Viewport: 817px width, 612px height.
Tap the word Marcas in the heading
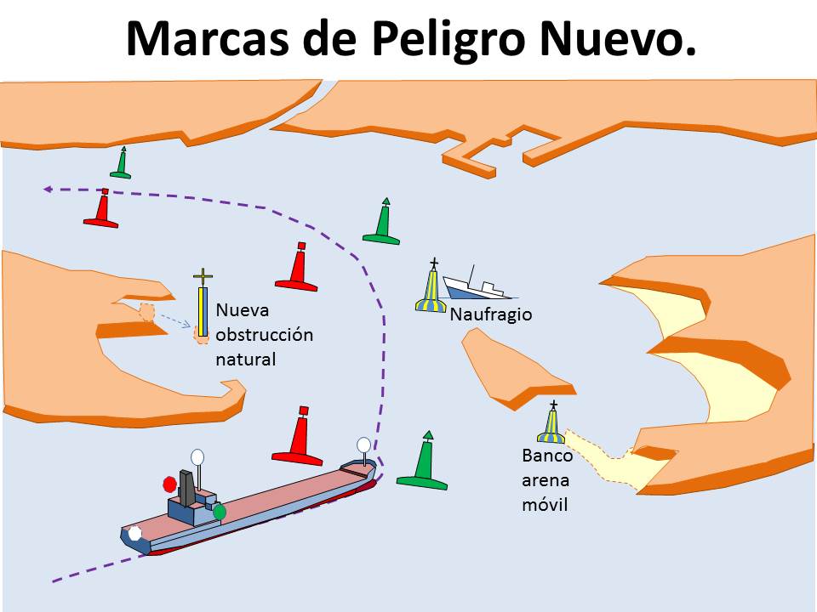click(x=208, y=38)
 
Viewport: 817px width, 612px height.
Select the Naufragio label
click(x=491, y=314)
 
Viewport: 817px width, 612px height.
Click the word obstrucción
click(x=264, y=335)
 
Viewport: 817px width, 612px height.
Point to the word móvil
click(x=545, y=504)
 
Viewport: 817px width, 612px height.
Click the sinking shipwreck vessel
click(x=477, y=286)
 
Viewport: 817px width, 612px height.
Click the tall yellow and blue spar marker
click(x=203, y=311)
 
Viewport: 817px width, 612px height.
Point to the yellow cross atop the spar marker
click(x=203, y=276)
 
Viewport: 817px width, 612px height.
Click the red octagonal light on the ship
click(x=170, y=484)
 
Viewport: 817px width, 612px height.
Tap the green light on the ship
click(x=220, y=512)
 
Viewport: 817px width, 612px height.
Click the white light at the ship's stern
click(x=135, y=534)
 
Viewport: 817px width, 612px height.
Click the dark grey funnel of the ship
click(x=187, y=488)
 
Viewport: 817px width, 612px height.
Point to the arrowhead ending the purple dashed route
click(x=47, y=190)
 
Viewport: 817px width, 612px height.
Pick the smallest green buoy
click(x=121, y=163)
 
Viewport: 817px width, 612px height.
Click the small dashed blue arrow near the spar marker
click(x=174, y=320)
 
